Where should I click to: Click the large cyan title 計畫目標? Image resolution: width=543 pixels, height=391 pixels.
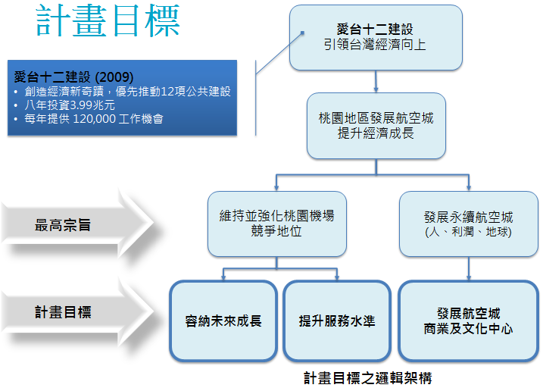(x=108, y=20)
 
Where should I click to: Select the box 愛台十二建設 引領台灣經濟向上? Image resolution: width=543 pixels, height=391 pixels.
(x=376, y=37)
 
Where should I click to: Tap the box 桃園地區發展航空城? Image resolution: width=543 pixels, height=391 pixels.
(x=376, y=126)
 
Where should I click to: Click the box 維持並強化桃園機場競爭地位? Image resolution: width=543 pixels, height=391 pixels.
(x=277, y=224)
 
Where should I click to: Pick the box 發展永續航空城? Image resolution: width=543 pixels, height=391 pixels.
(x=469, y=224)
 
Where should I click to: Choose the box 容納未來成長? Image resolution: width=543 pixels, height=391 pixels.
(x=223, y=321)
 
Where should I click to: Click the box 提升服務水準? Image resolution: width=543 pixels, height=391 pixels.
(x=337, y=321)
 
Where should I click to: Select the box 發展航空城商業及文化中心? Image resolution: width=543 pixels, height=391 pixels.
(x=469, y=321)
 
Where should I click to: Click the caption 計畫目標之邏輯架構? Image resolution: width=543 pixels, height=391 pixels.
(x=368, y=378)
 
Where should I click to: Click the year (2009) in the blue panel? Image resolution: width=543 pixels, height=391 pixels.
(x=114, y=77)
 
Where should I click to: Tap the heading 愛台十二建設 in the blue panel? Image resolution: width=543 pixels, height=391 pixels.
(x=52, y=77)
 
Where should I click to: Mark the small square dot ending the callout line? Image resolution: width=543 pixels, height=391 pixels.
(x=302, y=33)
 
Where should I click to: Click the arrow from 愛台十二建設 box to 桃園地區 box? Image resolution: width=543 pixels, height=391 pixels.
(x=376, y=82)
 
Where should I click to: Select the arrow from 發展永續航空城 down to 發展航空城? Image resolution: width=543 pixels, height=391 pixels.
(x=469, y=269)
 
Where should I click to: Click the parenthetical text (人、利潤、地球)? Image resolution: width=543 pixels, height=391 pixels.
(x=469, y=232)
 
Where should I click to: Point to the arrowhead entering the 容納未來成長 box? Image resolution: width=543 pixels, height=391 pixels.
(x=223, y=277)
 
